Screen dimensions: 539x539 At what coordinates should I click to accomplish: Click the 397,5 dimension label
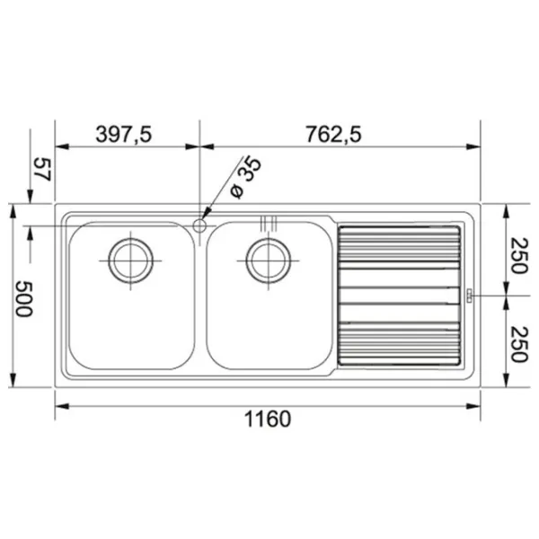pyautogui.click(x=123, y=135)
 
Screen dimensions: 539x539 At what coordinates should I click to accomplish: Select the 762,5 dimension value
pyautogui.click(x=333, y=135)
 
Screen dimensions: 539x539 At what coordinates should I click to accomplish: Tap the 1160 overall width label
pyautogui.click(x=268, y=419)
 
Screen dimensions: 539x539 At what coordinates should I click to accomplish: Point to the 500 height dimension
pyautogui.click(x=24, y=298)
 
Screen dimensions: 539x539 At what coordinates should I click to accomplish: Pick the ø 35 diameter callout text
pyautogui.click(x=245, y=177)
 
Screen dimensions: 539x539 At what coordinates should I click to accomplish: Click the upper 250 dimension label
pyautogui.click(x=519, y=255)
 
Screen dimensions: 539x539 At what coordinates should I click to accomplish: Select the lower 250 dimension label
pyautogui.click(x=519, y=344)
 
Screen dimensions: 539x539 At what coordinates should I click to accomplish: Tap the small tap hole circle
pyautogui.click(x=199, y=225)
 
